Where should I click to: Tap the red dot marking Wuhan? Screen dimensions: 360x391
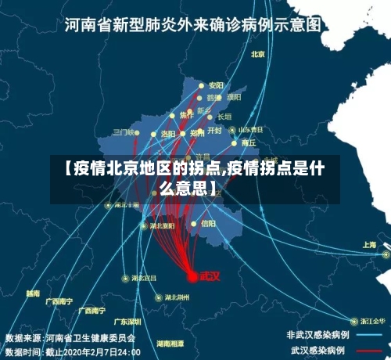(192, 276)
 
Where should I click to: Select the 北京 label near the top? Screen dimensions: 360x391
(259, 54)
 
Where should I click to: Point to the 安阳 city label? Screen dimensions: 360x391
(217, 85)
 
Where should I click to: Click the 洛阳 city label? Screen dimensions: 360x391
(168, 134)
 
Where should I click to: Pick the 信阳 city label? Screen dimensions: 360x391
(209, 223)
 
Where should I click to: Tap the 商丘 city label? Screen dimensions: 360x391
(249, 142)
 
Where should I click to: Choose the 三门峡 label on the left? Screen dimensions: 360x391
(124, 132)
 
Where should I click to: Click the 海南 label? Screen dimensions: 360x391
(33, 293)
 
